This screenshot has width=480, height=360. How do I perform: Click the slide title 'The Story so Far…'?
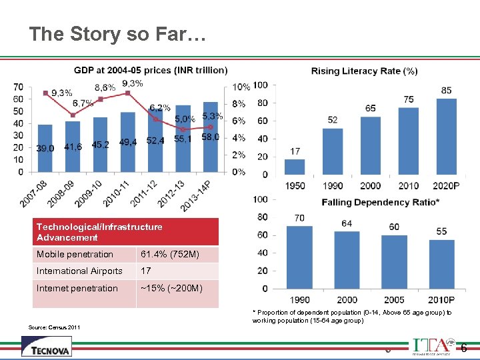point(119,35)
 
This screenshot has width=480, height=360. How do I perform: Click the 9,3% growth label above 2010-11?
point(133,83)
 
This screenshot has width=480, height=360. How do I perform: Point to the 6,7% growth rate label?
point(83,103)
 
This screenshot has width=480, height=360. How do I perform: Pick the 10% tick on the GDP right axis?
point(241,87)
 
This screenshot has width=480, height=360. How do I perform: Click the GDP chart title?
point(150,70)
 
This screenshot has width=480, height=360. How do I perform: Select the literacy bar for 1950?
point(295,167)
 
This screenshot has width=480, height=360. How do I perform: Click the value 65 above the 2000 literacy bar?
point(371,108)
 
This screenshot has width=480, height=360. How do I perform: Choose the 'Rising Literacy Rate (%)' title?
point(364,71)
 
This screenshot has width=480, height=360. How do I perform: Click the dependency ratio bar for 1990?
point(299,257)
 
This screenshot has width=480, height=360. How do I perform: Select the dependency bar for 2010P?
point(441,264)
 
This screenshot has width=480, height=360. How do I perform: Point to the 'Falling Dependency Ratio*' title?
point(380,202)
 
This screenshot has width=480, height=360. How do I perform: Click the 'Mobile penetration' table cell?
point(84,255)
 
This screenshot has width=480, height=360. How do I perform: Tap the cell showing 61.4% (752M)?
point(177,255)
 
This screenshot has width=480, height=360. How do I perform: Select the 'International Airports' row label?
point(84,271)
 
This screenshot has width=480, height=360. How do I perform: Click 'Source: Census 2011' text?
point(55,327)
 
